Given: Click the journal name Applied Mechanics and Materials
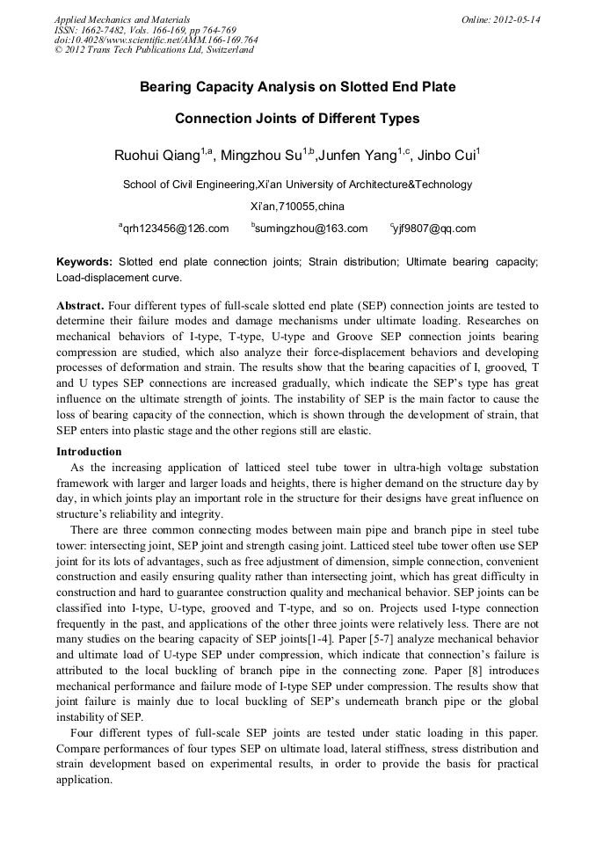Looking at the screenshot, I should point(121,19).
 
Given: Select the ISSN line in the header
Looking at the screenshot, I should point(144,29).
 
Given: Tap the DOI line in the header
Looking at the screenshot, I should point(156,40).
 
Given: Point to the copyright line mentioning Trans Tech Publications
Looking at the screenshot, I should point(154,50).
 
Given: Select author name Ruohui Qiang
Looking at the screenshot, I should point(156,156).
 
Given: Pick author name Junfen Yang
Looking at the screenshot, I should point(356,156).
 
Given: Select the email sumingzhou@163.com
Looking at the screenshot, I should point(312,229).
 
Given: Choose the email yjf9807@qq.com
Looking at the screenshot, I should point(435,229).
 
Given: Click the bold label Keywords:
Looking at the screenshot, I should point(84,262).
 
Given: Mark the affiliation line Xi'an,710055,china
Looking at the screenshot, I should point(297,207).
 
